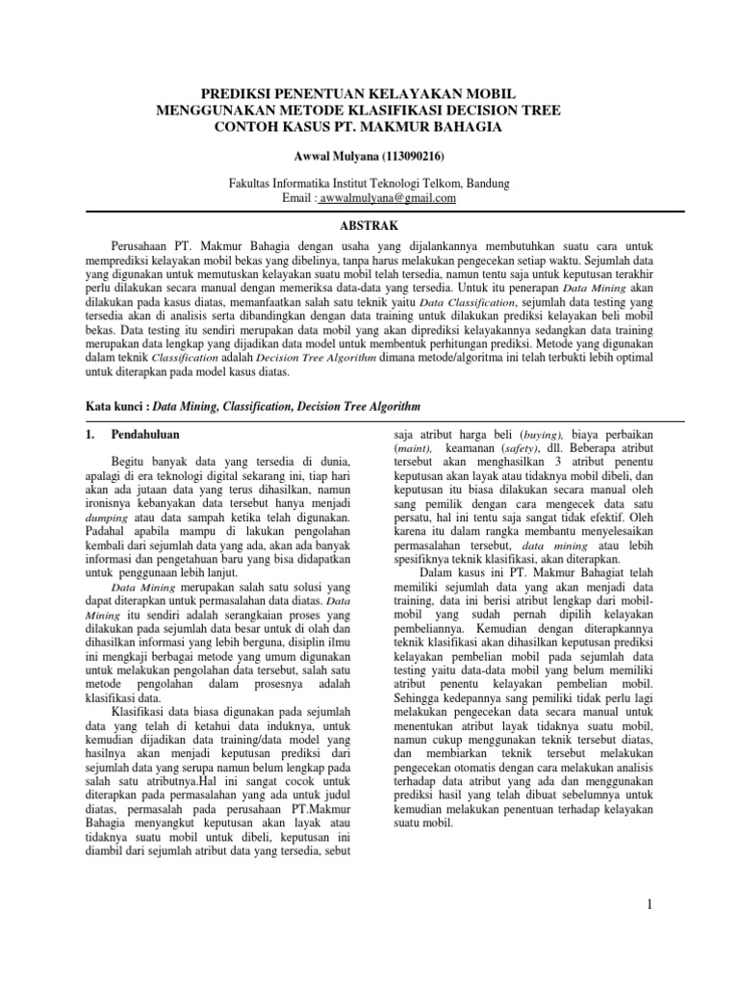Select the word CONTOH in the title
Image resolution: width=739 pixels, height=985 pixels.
(249, 126)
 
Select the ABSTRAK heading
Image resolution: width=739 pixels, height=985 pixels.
(369, 221)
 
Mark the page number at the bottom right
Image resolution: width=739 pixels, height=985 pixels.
(650, 904)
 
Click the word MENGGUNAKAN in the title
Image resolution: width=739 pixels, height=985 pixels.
(215, 111)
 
